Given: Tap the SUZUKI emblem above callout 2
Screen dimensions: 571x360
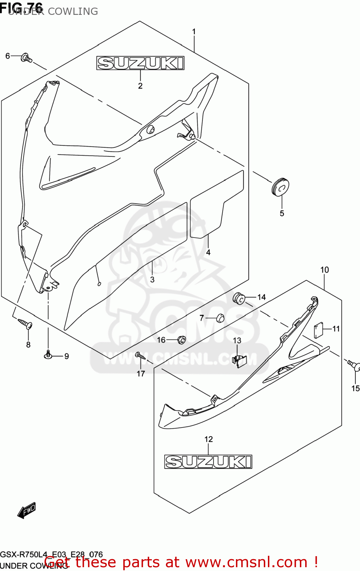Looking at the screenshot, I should tap(140, 63).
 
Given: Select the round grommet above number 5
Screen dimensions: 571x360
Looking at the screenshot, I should tap(280, 186).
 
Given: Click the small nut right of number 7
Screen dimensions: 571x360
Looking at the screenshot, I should tap(220, 318).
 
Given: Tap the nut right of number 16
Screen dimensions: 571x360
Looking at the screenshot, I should tap(182, 339).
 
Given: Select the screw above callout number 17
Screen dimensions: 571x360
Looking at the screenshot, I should tap(140, 356).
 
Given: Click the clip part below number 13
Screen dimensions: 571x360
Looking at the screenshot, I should tap(239, 360).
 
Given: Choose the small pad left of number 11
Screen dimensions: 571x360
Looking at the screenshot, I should tap(318, 330).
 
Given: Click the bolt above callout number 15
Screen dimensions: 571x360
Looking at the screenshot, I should tap(354, 365).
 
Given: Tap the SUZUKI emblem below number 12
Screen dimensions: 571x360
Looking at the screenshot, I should tap(208, 462).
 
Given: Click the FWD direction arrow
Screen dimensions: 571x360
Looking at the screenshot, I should tap(27, 510).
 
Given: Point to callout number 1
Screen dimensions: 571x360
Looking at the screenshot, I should tap(194, 32).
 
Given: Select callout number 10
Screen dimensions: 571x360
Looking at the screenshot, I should tap(324, 270).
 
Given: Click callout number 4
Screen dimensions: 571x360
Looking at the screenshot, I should tap(208, 252).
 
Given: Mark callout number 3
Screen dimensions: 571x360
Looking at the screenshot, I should tap(152, 279).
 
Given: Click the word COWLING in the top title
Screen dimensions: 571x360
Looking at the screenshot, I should tap(73, 11).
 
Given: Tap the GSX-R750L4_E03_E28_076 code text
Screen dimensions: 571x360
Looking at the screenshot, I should tap(51, 555).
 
